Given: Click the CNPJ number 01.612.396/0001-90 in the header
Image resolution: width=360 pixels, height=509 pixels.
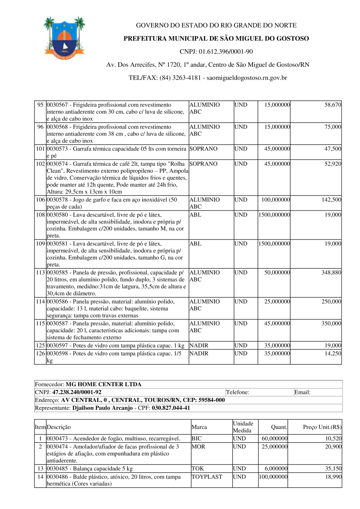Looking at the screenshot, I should point(216,52).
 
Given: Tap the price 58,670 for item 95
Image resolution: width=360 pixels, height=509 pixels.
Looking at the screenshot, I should point(333,105).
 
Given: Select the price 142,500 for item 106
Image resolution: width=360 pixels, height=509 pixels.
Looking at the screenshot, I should point(331,200).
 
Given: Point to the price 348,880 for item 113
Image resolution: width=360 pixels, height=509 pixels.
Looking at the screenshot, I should point(331,272).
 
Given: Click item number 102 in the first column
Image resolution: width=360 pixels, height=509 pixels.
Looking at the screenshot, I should point(40,164).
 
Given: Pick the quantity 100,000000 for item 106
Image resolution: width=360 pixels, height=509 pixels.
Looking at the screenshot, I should point(276,200).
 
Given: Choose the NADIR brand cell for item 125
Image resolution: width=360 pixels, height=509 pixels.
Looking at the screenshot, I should point(199,345).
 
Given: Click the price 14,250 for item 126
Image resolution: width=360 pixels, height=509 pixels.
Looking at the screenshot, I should point(333,353).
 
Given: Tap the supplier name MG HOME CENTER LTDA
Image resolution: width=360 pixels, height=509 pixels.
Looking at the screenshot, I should point(104,384).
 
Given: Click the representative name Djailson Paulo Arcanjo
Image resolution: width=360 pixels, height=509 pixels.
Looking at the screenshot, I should point(102,408).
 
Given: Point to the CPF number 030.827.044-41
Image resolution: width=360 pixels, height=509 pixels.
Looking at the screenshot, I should point(171,408).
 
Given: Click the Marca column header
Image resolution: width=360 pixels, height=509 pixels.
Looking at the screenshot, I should point(199,427).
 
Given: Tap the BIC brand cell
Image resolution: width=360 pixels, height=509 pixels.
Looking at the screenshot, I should point(196,438).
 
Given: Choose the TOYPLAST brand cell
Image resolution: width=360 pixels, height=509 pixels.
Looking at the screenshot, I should point(206,477).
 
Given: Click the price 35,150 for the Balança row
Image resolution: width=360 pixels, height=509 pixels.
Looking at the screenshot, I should point(333,468).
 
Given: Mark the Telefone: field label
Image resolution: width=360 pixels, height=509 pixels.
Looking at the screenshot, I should point(238,392).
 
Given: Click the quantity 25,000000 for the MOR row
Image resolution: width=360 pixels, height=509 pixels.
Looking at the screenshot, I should point(274,446).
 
